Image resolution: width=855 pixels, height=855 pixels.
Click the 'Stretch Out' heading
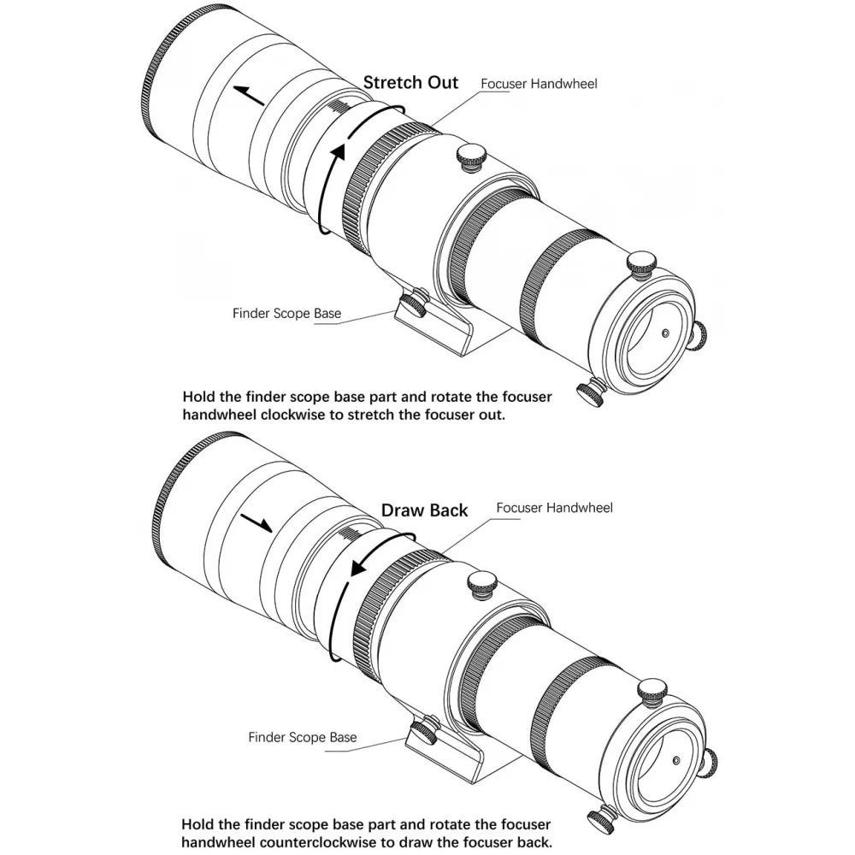410,83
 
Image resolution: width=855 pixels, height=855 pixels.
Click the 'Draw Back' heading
424,510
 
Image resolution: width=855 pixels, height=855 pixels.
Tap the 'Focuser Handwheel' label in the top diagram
539,84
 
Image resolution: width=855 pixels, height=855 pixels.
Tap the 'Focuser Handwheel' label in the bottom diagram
555,508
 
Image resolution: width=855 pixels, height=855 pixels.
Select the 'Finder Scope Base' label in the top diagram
286,314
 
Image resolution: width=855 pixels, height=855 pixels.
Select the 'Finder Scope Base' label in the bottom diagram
303,737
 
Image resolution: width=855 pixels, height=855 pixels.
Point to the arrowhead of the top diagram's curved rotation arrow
339,152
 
